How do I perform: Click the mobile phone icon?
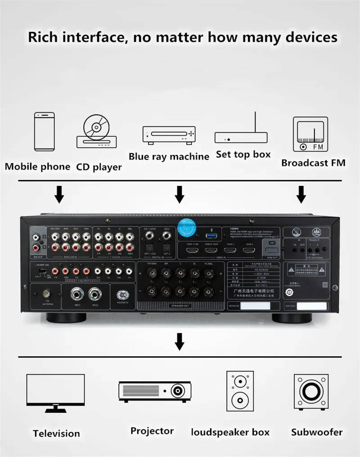pos(44,131)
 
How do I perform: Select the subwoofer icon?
pos(310,390)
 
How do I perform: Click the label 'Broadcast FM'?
pos(313,163)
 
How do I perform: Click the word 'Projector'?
pos(152,431)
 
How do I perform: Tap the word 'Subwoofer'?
pos(317,432)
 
